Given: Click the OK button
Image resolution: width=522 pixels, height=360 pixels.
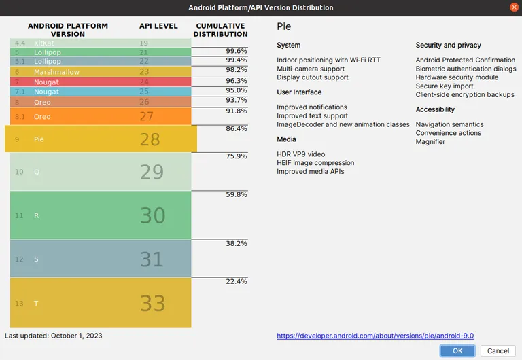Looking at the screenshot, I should [457, 350].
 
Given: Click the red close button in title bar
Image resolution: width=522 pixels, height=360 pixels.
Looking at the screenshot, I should [512, 7].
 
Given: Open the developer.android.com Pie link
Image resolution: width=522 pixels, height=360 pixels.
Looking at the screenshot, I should [375, 336].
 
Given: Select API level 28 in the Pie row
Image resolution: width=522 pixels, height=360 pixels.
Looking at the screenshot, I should [150, 139].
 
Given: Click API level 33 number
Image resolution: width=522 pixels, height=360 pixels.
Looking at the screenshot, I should [152, 303].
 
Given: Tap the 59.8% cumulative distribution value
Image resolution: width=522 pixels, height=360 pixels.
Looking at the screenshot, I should [236, 194].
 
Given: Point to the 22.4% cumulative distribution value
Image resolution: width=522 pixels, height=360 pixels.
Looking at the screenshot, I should [236, 281].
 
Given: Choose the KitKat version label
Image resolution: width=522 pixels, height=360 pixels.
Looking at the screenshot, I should [43, 43].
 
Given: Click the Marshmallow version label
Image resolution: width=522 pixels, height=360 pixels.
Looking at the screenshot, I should [56, 72].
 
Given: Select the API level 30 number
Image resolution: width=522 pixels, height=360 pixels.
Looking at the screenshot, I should [152, 215].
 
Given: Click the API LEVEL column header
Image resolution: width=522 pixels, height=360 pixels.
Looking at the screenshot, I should [158, 26].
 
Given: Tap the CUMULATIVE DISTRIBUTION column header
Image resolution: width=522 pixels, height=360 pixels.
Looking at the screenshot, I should [222, 30].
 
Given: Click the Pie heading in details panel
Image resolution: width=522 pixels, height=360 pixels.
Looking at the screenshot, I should [284, 26].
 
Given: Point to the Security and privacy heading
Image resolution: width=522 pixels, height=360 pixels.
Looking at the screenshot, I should [448, 46].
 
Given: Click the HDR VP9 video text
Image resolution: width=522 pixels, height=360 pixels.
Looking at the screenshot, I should [301, 154].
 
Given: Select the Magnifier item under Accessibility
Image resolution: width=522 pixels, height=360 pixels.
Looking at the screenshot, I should [430, 142].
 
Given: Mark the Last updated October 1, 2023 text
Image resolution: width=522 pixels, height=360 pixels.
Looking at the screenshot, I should [54, 336].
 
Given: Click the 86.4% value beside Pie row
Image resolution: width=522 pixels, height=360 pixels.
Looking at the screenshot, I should [236, 129].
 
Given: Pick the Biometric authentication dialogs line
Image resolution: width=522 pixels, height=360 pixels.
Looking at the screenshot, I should [466, 69].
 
